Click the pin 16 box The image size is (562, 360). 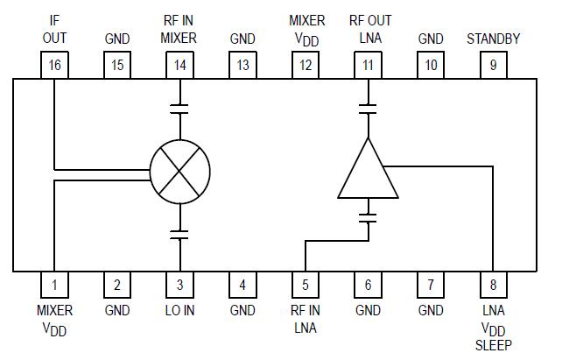pos(54,65)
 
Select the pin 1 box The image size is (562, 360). pos(54,285)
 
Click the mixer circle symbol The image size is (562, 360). pos(179,169)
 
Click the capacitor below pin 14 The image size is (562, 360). pos(179,109)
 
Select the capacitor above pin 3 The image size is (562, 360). pos(179,234)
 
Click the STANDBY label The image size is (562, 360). pos(494,39)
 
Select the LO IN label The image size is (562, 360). pos(179,311)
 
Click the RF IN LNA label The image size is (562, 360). pos(306,319)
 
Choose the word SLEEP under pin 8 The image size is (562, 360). pos(494,346)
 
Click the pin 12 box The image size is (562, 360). pos(306,65)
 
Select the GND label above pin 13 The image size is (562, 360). pos(242,39)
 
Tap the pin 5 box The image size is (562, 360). pos(306,285)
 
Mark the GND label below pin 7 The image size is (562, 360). pos(431,311)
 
